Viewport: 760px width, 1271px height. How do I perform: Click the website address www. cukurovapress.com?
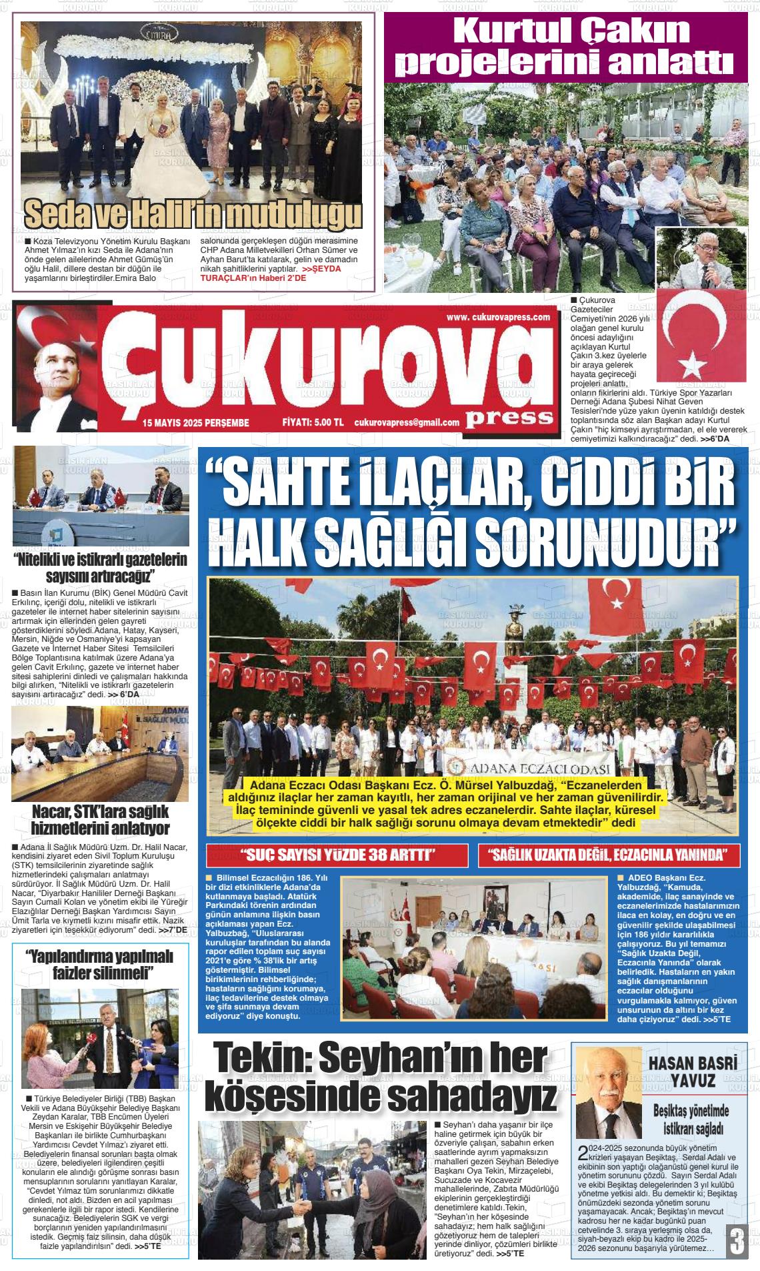click(x=498, y=317)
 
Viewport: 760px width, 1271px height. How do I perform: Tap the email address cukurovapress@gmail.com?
click(x=407, y=422)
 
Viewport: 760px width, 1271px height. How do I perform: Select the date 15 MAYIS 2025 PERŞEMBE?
click(x=195, y=422)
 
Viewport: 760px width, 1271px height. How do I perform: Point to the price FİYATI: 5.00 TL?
click(x=313, y=422)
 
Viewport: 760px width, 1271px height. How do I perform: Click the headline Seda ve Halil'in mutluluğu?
click(x=193, y=215)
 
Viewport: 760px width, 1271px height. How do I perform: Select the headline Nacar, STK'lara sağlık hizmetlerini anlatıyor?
click(x=100, y=820)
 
